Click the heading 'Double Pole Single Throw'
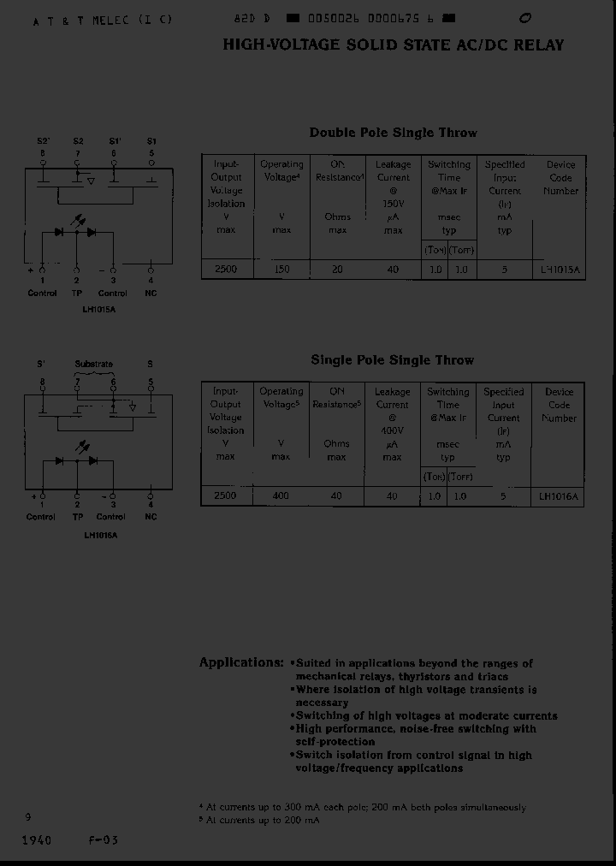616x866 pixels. pos(393,133)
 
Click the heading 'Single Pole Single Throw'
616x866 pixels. pos(392,360)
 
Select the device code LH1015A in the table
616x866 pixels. pos(560,270)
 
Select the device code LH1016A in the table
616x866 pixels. pos(560,496)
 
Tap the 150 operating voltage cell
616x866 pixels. pos(281,270)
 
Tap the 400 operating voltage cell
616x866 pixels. pos(281,496)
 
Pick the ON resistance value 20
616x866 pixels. pos(337,270)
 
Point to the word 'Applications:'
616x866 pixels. pos(241,662)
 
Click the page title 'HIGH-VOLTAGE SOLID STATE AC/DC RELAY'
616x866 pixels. pos(394,45)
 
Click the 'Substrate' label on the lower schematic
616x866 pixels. pos(94,365)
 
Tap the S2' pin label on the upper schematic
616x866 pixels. pos(43,140)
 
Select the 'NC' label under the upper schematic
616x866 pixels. pos(151,293)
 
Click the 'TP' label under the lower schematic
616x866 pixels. pos(76,517)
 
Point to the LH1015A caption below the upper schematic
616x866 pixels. pos(99,309)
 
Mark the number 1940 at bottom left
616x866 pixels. pos(36,839)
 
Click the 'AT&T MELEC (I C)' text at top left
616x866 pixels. pos(103,20)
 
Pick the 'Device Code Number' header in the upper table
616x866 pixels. pos(560,178)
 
